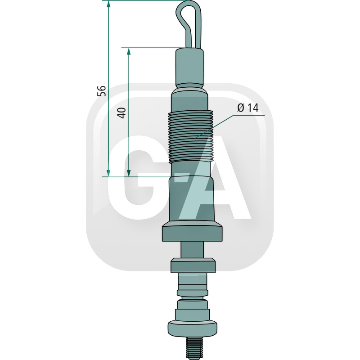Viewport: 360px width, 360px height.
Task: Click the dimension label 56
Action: click(102, 91)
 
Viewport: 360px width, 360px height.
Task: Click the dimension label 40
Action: click(121, 113)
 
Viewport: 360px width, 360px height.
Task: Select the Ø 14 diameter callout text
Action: click(248, 108)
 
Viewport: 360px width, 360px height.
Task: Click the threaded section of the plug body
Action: click(191, 136)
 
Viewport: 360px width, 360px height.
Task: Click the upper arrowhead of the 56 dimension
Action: click(108, 4)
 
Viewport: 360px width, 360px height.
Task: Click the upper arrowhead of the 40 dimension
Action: click(129, 52)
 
